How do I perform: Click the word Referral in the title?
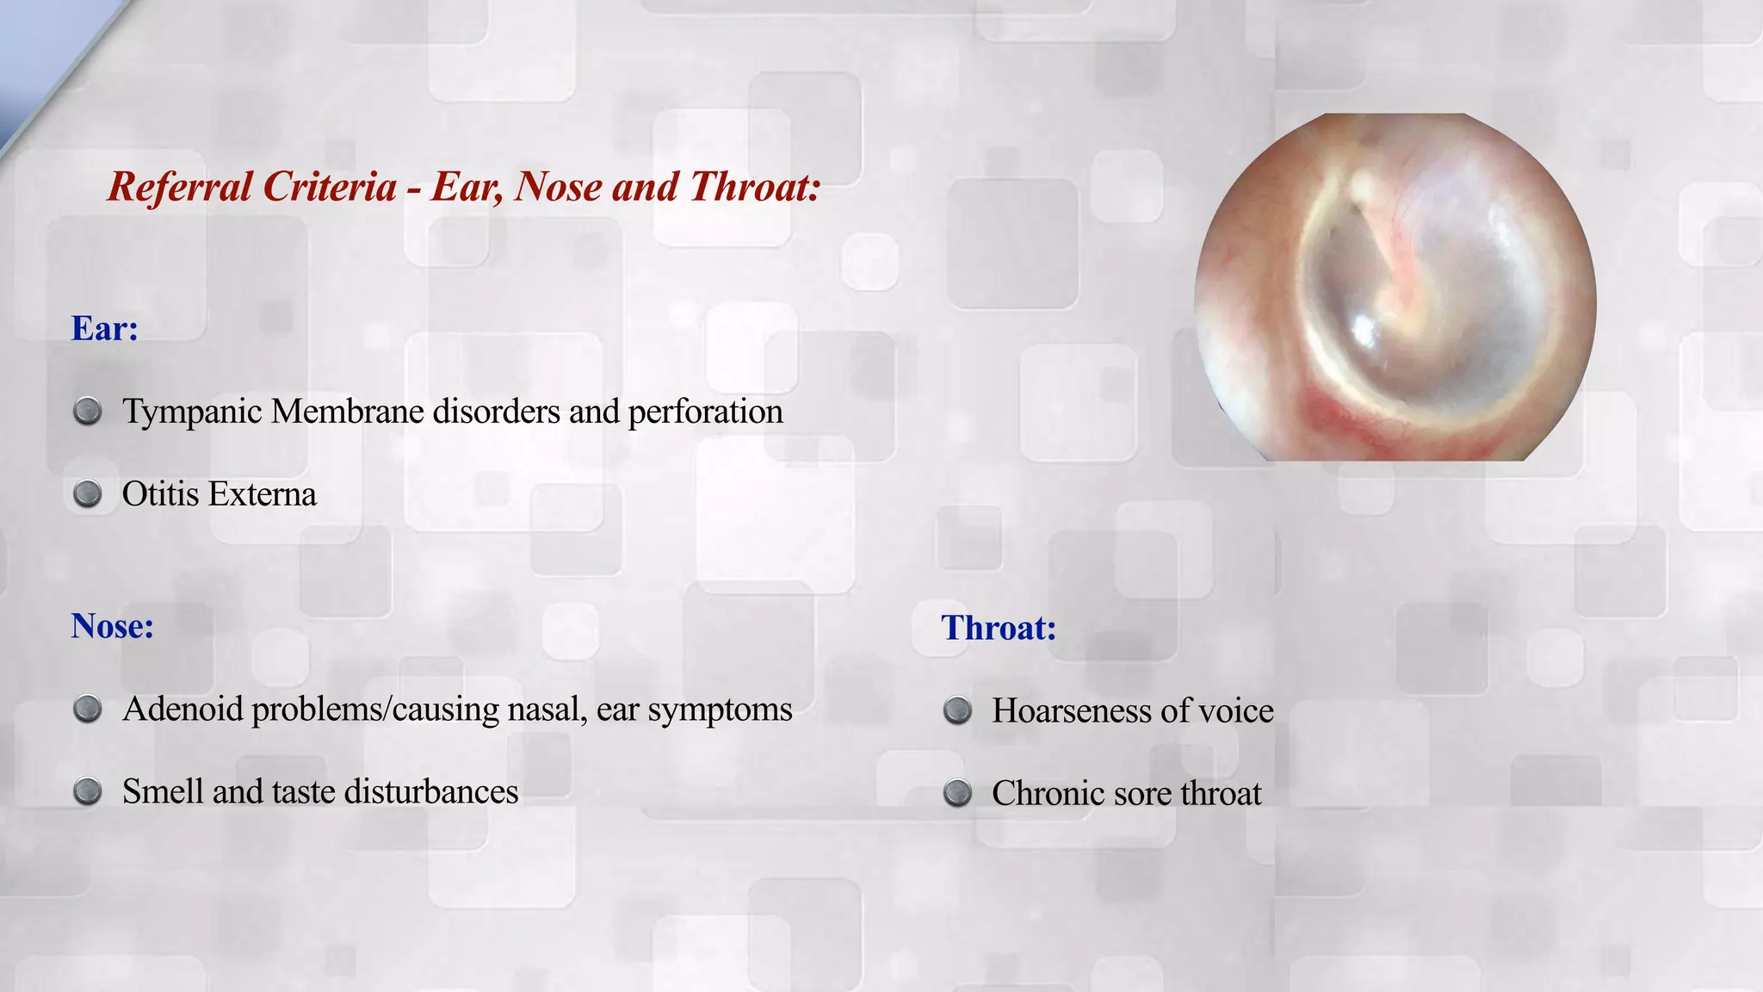coord(180,187)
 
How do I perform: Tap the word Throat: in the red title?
coord(755,187)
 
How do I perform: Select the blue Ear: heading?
coord(104,328)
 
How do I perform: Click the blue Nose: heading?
coord(112,626)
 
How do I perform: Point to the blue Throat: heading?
coord(998,628)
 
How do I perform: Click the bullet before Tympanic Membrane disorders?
coord(88,412)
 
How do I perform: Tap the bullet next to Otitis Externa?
coord(88,494)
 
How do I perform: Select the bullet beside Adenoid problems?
coord(88,710)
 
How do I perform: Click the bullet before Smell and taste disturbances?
coord(88,791)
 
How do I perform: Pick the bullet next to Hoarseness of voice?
coord(957,711)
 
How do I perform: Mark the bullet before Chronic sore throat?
coord(957,793)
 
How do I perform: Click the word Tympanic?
coord(192,412)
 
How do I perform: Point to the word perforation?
coord(705,412)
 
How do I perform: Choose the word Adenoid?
coord(182,710)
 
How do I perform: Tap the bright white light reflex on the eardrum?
coord(1363,327)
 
